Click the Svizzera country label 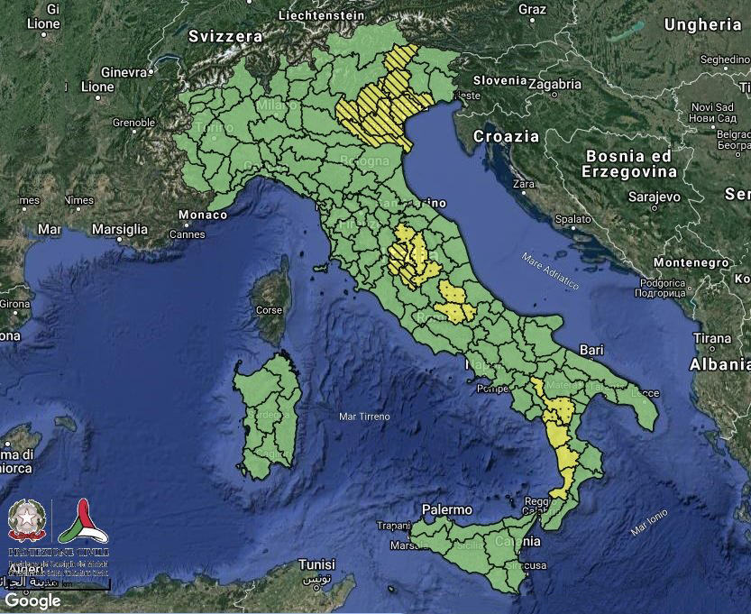pyautogui.click(x=225, y=36)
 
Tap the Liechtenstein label pyautogui.click(x=322, y=15)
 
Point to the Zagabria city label pyautogui.click(x=554, y=84)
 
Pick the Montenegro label pyautogui.click(x=691, y=262)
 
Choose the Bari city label pyautogui.click(x=591, y=348)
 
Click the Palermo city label pyautogui.click(x=446, y=509)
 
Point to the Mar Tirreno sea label pyautogui.click(x=364, y=417)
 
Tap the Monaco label pyautogui.click(x=203, y=215)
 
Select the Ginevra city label pyautogui.click(x=124, y=71)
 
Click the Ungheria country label pyautogui.click(x=702, y=24)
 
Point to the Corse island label pyautogui.click(x=270, y=309)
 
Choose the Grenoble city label pyautogui.click(x=133, y=122)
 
